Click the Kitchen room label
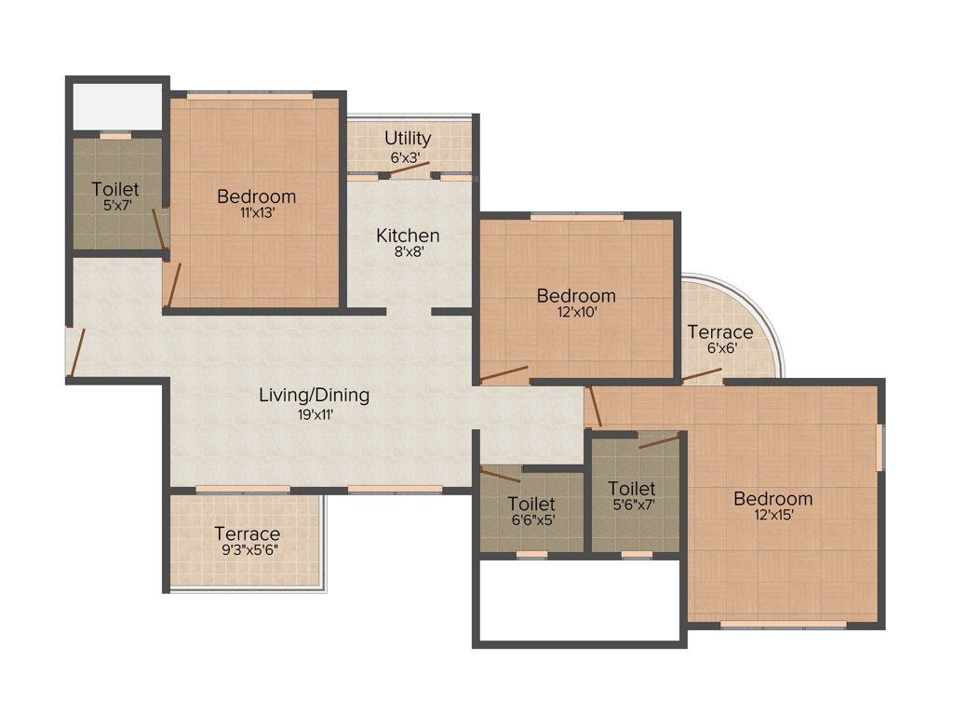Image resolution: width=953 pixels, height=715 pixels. click(x=408, y=236)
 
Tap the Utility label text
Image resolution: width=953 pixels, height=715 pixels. click(x=408, y=140)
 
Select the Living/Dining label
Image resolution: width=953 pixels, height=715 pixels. click(x=314, y=395)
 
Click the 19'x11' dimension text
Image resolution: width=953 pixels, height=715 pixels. click(x=314, y=414)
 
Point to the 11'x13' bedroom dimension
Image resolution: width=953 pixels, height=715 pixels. click(x=256, y=213)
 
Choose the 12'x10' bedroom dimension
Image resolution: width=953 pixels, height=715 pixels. click(x=576, y=313)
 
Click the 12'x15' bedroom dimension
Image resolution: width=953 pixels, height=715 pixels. click(x=772, y=515)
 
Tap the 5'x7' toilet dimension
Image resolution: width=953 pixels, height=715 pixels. click(x=114, y=206)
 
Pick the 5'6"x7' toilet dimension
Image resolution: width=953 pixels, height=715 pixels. click(x=631, y=506)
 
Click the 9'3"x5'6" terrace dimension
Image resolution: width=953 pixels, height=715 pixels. click(x=247, y=550)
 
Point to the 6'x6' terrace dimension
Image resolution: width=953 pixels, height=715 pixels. click(x=719, y=349)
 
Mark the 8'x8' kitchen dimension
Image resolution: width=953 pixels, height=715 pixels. click(x=408, y=252)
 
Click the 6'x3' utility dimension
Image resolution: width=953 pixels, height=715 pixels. click(x=408, y=157)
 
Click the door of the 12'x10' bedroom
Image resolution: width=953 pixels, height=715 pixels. click(x=503, y=375)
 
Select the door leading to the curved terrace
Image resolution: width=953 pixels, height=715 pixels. click(x=702, y=375)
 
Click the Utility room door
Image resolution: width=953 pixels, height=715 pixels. click(x=409, y=169)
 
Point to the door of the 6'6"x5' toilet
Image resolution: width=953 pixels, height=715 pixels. click(x=501, y=474)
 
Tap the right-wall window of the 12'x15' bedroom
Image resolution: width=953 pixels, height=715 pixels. click(x=879, y=446)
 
